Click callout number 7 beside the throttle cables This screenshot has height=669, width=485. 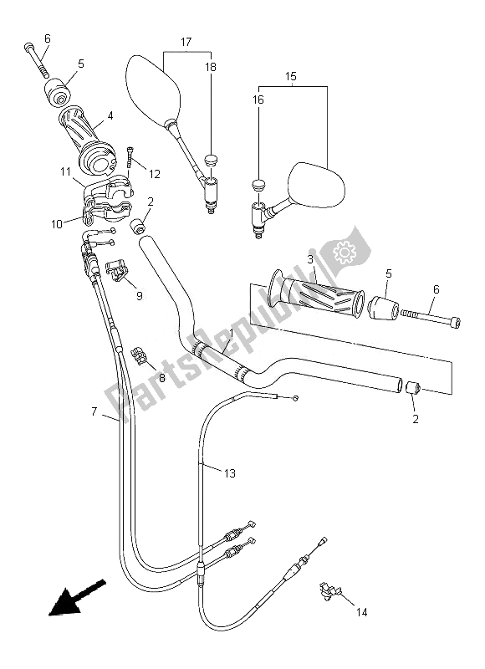coord(94,411)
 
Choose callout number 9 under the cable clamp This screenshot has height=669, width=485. coord(139,294)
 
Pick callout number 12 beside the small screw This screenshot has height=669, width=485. coord(155,172)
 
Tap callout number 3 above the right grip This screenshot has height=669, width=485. coord(310,260)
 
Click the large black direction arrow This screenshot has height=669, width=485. coord(72,602)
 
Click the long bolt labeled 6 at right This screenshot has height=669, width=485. coord(430,317)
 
